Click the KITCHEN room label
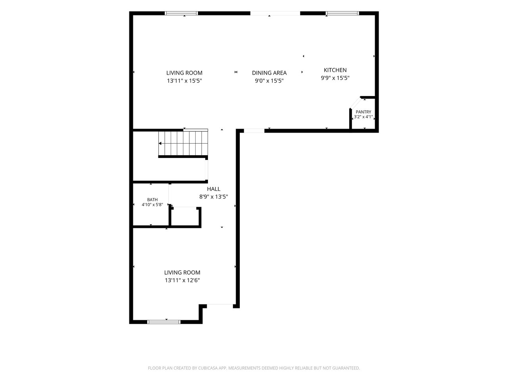point(335,70)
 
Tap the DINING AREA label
point(269,73)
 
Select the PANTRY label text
point(364,112)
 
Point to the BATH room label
point(152,200)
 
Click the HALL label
point(214,189)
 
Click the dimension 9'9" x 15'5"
point(335,78)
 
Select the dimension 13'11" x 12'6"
point(182,280)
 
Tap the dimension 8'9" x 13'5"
point(214,197)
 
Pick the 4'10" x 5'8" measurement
point(152,205)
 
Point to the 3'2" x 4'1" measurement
point(364,117)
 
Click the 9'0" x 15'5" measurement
point(269,81)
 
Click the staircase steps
point(183,143)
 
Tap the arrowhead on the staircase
point(160,143)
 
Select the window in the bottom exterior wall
point(164,322)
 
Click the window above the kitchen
point(342,13)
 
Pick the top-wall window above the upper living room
point(181,13)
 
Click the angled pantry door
point(355,103)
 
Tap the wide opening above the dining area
point(275,13)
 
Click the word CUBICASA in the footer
point(207,368)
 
